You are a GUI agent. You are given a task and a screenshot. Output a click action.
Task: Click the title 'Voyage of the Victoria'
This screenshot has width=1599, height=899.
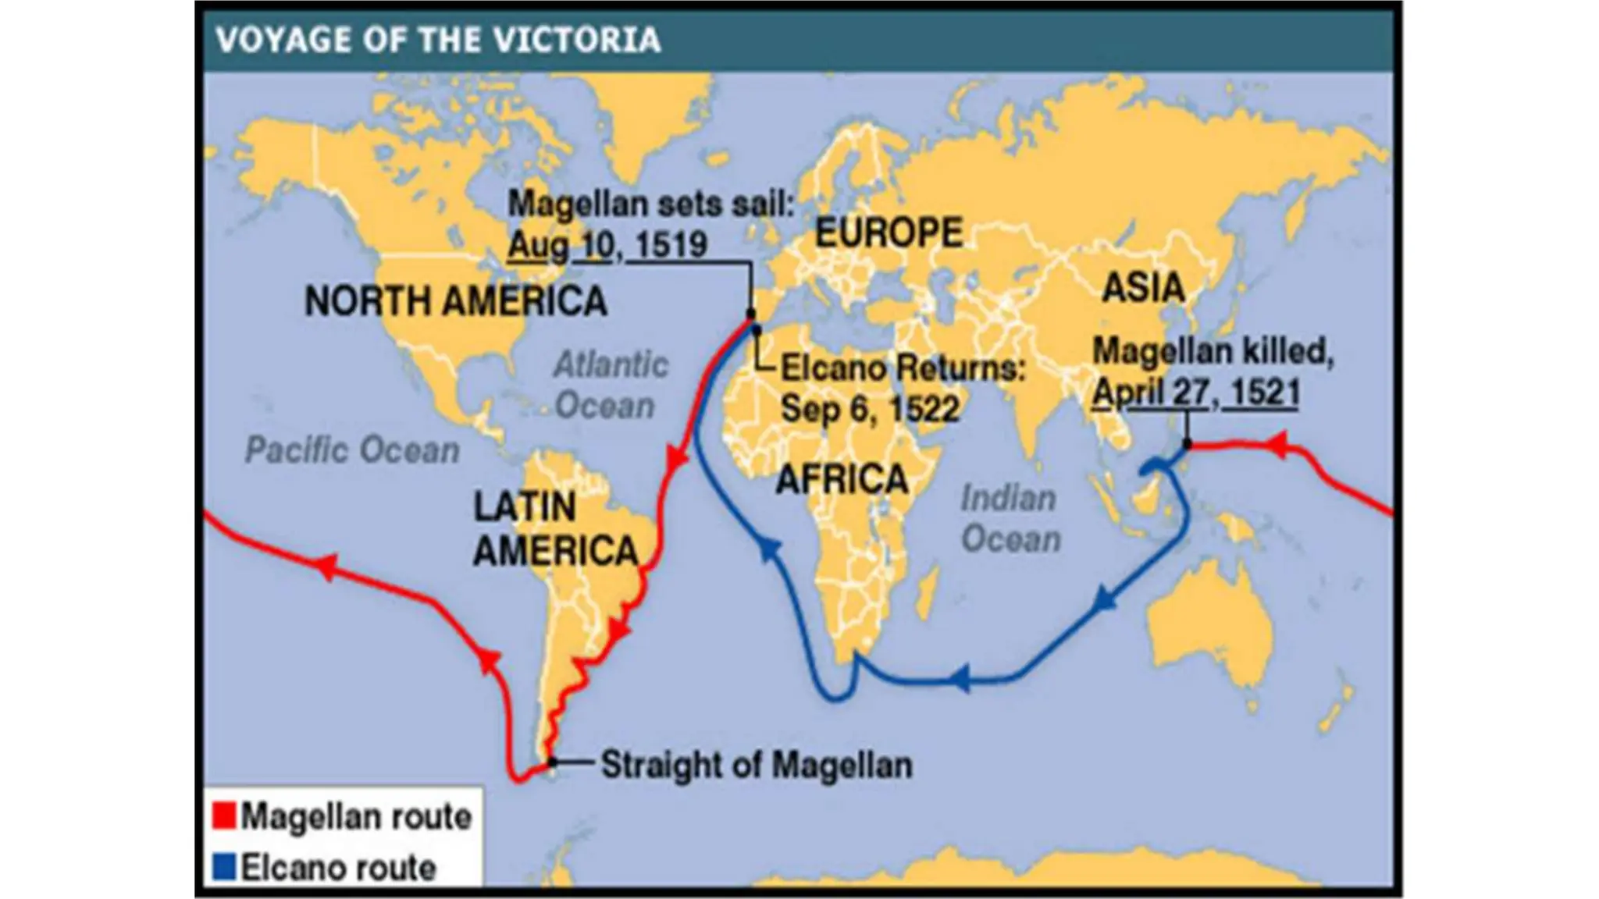438,40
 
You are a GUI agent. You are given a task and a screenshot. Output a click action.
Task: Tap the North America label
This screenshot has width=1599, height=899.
455,301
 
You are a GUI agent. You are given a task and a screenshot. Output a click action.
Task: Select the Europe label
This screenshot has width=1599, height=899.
889,233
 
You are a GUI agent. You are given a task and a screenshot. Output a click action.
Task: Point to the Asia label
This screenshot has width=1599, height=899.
1143,287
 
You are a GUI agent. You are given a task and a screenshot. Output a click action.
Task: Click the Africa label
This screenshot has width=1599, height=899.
842,478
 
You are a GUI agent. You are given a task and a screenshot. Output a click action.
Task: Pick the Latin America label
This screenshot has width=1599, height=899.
555,529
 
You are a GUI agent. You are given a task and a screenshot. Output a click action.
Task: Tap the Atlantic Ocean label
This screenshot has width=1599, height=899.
610,386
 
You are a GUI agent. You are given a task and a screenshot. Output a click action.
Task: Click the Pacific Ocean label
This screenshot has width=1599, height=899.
352,451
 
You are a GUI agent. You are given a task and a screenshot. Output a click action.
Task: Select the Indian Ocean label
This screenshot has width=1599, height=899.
1010,519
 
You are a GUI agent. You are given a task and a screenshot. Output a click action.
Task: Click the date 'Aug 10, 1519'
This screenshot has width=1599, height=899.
607,245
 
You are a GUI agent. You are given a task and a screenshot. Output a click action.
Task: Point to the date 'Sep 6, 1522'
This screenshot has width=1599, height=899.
870,408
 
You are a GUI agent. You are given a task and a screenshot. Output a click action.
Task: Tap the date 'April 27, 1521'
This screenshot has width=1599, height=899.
1195,392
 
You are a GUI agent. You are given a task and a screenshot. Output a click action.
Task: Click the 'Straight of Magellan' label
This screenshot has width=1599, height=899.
756,765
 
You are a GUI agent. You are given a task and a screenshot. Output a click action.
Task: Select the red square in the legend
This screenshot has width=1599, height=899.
224,816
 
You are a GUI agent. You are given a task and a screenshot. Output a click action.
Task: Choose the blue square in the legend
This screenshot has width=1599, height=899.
224,867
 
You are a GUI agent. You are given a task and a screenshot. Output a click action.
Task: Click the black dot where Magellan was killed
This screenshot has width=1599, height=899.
1187,445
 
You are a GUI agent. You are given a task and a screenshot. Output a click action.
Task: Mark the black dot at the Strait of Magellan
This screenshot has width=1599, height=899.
552,762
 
